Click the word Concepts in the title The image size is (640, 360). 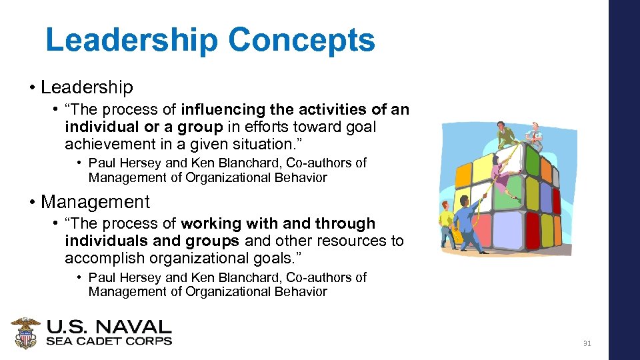click(x=301, y=41)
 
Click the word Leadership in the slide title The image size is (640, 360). click(x=131, y=41)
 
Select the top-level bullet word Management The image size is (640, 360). click(x=95, y=201)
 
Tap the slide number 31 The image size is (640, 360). click(x=587, y=344)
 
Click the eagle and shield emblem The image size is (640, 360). click(x=25, y=333)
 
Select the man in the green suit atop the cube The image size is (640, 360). click(x=506, y=135)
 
